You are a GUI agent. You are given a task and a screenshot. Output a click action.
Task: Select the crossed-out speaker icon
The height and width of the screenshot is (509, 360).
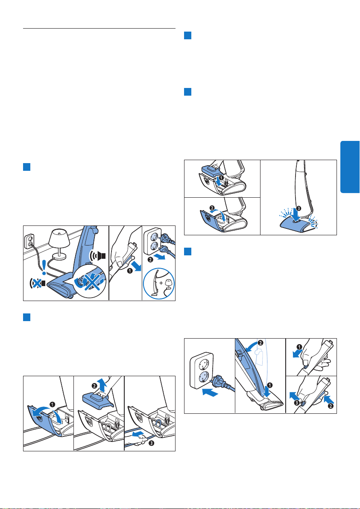(38, 284)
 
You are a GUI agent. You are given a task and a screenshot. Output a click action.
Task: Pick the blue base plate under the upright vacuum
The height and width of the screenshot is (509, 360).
(299, 223)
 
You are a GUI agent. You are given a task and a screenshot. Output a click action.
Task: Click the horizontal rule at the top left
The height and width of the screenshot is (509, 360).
(100, 28)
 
